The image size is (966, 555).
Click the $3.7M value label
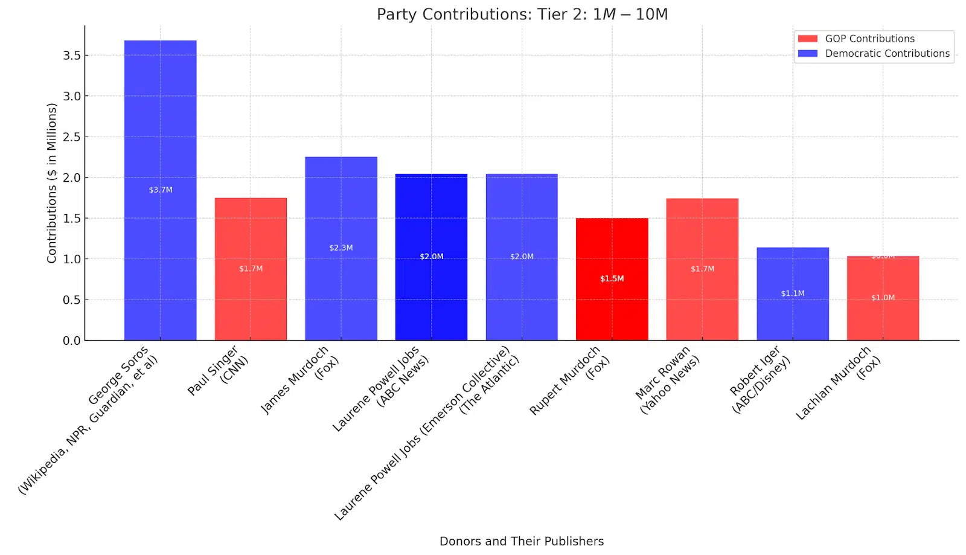pos(161,190)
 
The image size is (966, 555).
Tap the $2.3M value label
pos(341,248)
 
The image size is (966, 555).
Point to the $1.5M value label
pos(612,278)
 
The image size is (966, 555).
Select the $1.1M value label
pos(793,294)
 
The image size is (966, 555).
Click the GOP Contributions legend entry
pos(869,39)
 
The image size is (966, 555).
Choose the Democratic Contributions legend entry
pos(887,54)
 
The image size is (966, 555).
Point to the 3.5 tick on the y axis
pos(71,56)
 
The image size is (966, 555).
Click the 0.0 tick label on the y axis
pos(71,341)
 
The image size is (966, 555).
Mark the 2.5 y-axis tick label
pos(71,137)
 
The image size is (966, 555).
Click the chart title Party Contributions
pos(522,14)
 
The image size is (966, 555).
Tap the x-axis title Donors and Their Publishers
pos(521,541)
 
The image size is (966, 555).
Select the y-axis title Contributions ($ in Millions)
pos(52,183)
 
